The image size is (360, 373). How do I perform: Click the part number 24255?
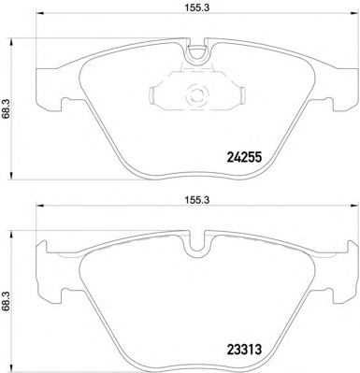point(243,158)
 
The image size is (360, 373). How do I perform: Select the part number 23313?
point(243,350)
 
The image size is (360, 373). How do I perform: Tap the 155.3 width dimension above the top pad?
point(197,8)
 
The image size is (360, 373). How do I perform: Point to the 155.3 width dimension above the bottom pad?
point(197,200)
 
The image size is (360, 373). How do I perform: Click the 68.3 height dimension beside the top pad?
point(6,108)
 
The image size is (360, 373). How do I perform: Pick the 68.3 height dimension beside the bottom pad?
point(6,301)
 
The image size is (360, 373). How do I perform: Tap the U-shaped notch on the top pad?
point(197,53)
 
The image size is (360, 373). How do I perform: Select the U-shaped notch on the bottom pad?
point(197,245)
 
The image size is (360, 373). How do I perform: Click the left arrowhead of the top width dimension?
point(40,13)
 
